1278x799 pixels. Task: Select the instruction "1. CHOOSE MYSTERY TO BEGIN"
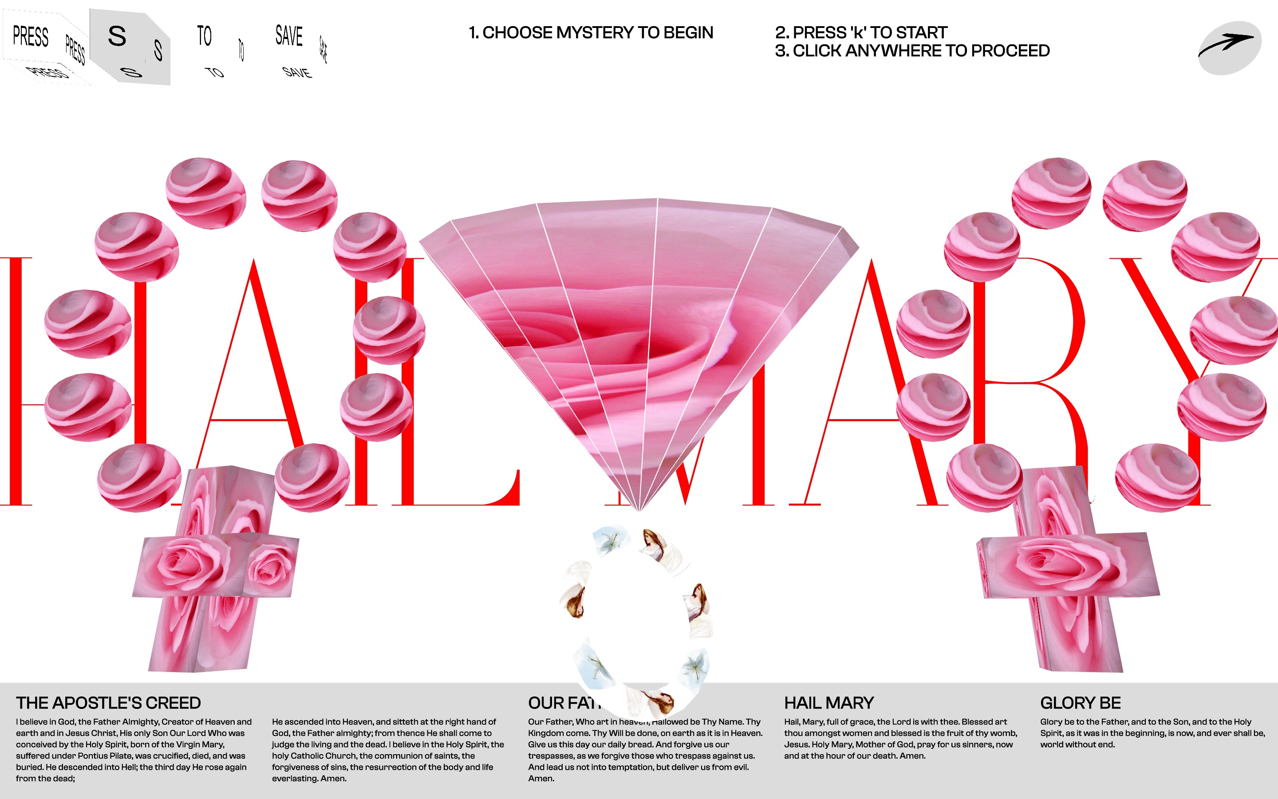click(591, 33)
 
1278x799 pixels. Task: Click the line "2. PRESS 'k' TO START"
click(861, 33)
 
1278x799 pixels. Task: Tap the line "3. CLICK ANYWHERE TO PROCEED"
click(912, 51)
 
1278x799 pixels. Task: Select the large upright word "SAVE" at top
click(289, 36)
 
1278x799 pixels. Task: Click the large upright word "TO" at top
click(205, 36)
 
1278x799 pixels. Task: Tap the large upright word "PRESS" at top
click(31, 36)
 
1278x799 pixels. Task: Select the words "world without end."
click(1077, 744)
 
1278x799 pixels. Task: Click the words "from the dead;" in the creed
click(45, 779)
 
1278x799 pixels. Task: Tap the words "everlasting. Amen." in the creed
click(309, 779)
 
